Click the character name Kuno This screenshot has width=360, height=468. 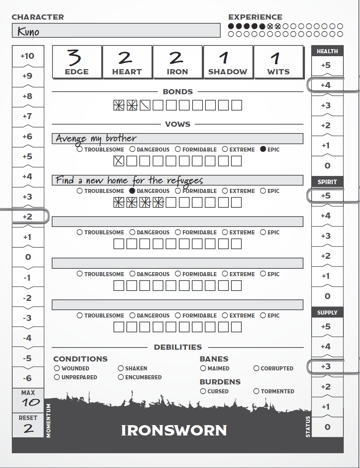(28, 32)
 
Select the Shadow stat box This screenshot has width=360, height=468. (228, 62)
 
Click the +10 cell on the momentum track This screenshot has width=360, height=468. (28, 56)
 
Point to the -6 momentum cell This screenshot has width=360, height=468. (28, 378)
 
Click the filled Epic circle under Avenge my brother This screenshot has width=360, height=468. (263, 149)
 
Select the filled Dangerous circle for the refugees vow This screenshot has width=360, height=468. (132, 191)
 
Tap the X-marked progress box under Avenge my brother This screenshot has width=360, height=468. (119, 161)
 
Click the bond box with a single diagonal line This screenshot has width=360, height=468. (145, 105)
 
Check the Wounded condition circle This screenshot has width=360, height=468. (57, 368)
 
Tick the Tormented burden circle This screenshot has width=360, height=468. (256, 391)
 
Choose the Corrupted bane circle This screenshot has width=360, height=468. (256, 368)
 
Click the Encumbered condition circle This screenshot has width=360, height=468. (120, 377)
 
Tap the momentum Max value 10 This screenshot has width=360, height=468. (28, 403)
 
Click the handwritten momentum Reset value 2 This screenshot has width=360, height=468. (28, 428)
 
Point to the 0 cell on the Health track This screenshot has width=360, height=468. (327, 166)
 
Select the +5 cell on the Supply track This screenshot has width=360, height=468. (326, 327)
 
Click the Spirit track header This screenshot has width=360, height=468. (327, 182)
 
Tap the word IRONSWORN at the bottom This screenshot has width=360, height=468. (174, 430)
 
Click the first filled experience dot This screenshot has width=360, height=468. (231, 26)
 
